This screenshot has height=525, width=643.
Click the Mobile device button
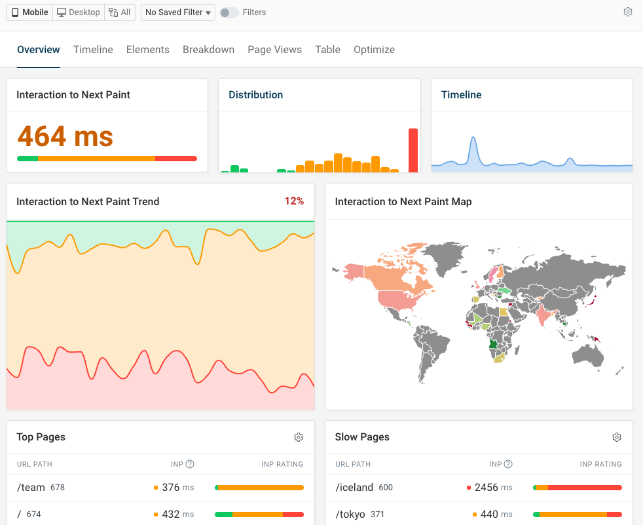pos(30,12)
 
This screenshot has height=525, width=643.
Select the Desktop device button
pos(79,12)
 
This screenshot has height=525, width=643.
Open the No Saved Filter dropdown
pos(178,12)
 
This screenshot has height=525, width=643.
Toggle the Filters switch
pos(229,12)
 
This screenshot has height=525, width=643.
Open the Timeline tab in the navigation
pos(93,50)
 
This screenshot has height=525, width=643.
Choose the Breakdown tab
pos(208,50)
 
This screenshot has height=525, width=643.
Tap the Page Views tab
pos(274,50)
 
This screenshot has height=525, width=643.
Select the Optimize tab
pos(374,50)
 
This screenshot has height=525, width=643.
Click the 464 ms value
pos(65,136)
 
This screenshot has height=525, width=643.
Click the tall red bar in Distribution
pos(413,150)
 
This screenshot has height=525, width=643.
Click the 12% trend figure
pos(294,201)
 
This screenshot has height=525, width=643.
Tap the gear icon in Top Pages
pos(299,437)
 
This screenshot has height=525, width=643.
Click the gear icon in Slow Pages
pos(617,437)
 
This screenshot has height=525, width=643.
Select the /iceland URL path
pos(354,488)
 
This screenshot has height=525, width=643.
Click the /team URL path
pos(32,488)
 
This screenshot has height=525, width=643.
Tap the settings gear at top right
pos(628,12)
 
